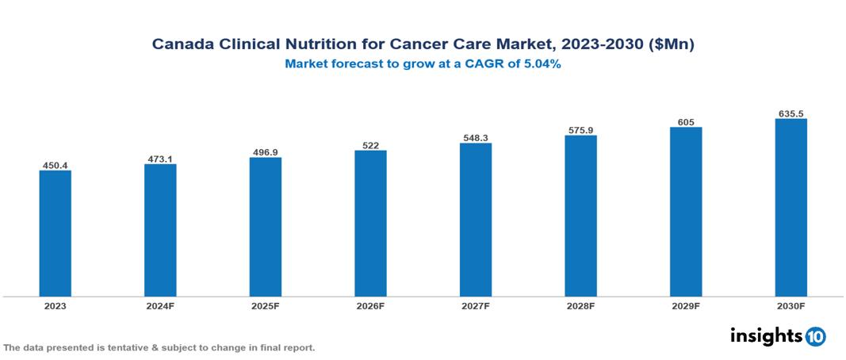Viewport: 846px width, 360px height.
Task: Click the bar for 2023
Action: point(56,233)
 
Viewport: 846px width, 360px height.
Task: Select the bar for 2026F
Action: point(370,223)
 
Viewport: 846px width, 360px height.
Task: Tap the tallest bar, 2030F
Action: point(790,208)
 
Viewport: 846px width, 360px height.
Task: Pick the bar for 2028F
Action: point(580,216)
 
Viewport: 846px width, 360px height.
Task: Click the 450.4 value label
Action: point(56,165)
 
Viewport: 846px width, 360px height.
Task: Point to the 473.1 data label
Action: point(160,159)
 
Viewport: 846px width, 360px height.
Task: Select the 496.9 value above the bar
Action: point(266,152)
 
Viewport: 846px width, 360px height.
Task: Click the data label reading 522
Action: point(370,145)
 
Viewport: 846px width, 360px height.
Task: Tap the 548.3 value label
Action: point(475,138)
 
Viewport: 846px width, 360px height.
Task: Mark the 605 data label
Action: point(686,122)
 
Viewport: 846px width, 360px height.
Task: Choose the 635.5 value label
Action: point(790,113)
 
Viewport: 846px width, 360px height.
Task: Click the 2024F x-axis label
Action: point(160,305)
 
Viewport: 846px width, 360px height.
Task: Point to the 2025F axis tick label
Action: point(266,305)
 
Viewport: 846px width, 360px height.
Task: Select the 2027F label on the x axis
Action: point(475,305)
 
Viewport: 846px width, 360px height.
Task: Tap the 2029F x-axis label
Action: point(686,305)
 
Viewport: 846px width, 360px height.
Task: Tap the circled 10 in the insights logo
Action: point(815,336)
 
